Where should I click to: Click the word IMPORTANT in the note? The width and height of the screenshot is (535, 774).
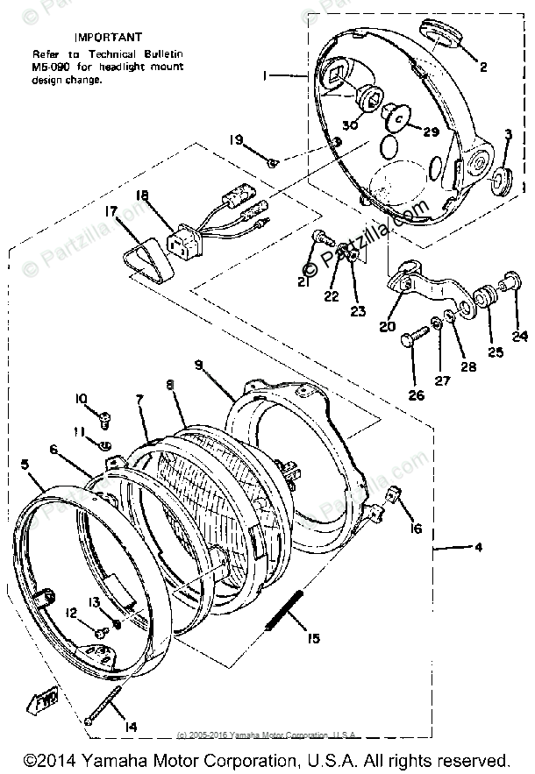(108, 38)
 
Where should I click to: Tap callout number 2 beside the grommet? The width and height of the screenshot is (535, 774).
(481, 66)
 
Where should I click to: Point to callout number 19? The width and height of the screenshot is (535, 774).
(237, 140)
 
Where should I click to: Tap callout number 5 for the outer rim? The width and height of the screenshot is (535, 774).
(25, 465)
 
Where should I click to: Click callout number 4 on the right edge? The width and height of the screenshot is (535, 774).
(477, 549)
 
